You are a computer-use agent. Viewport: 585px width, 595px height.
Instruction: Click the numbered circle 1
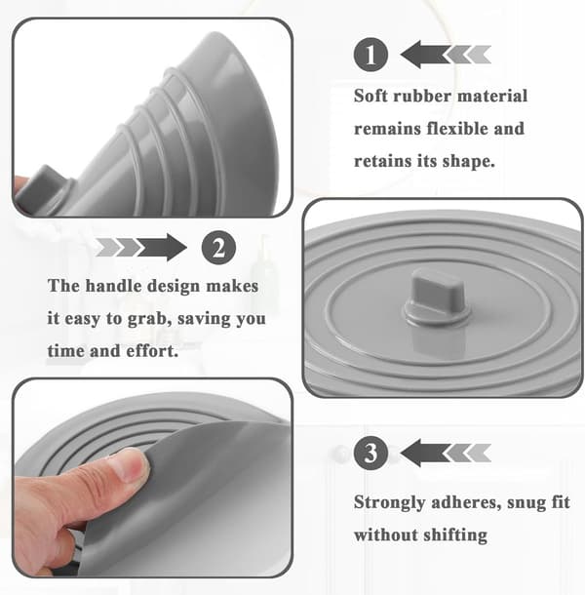click(370, 55)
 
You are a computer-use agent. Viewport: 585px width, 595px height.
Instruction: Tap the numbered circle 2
click(218, 248)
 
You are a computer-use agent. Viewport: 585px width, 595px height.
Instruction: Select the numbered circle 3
click(370, 453)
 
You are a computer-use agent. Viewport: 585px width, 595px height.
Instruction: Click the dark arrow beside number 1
click(425, 55)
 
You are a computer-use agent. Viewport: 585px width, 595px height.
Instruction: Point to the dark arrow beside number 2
click(162, 248)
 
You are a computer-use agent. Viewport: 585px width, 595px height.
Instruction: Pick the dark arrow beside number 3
click(425, 454)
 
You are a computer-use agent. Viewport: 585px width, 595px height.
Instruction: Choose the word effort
click(152, 350)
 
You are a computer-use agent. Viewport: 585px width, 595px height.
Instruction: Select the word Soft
click(370, 96)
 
